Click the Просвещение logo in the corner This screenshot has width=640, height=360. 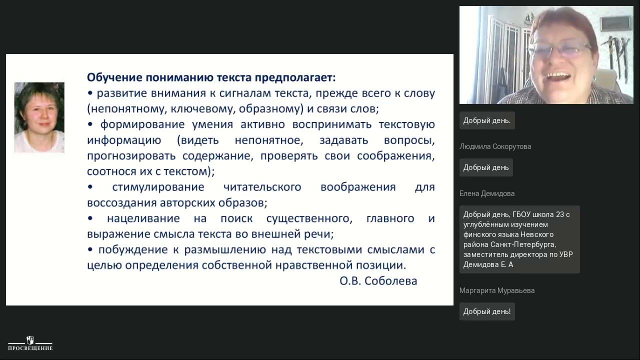30,343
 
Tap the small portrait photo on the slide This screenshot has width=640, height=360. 39,117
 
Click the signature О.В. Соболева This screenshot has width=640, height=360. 378,281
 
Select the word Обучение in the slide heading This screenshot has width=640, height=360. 114,77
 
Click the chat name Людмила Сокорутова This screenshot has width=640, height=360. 495,146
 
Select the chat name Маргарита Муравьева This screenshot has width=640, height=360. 496,290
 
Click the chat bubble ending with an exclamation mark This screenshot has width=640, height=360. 486,311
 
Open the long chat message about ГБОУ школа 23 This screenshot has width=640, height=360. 519,239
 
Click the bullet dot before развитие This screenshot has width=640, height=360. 90,93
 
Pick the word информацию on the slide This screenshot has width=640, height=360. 124,140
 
